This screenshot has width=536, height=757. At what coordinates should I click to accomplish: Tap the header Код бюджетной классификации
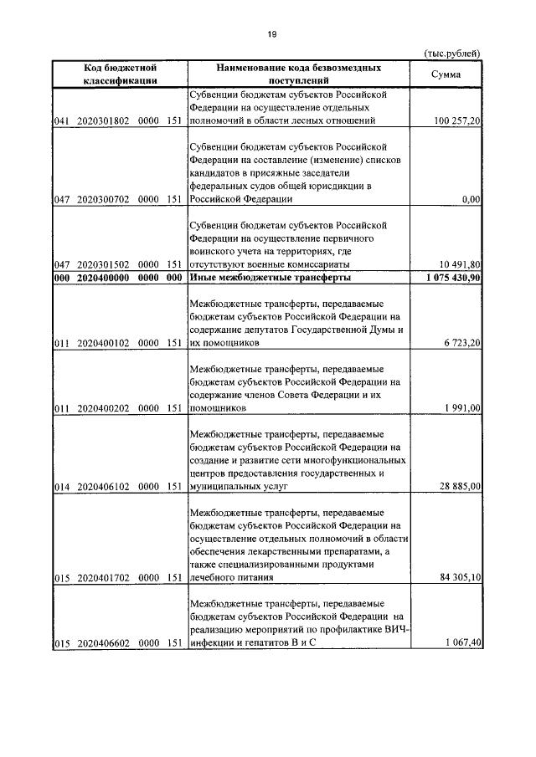(x=116, y=74)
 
